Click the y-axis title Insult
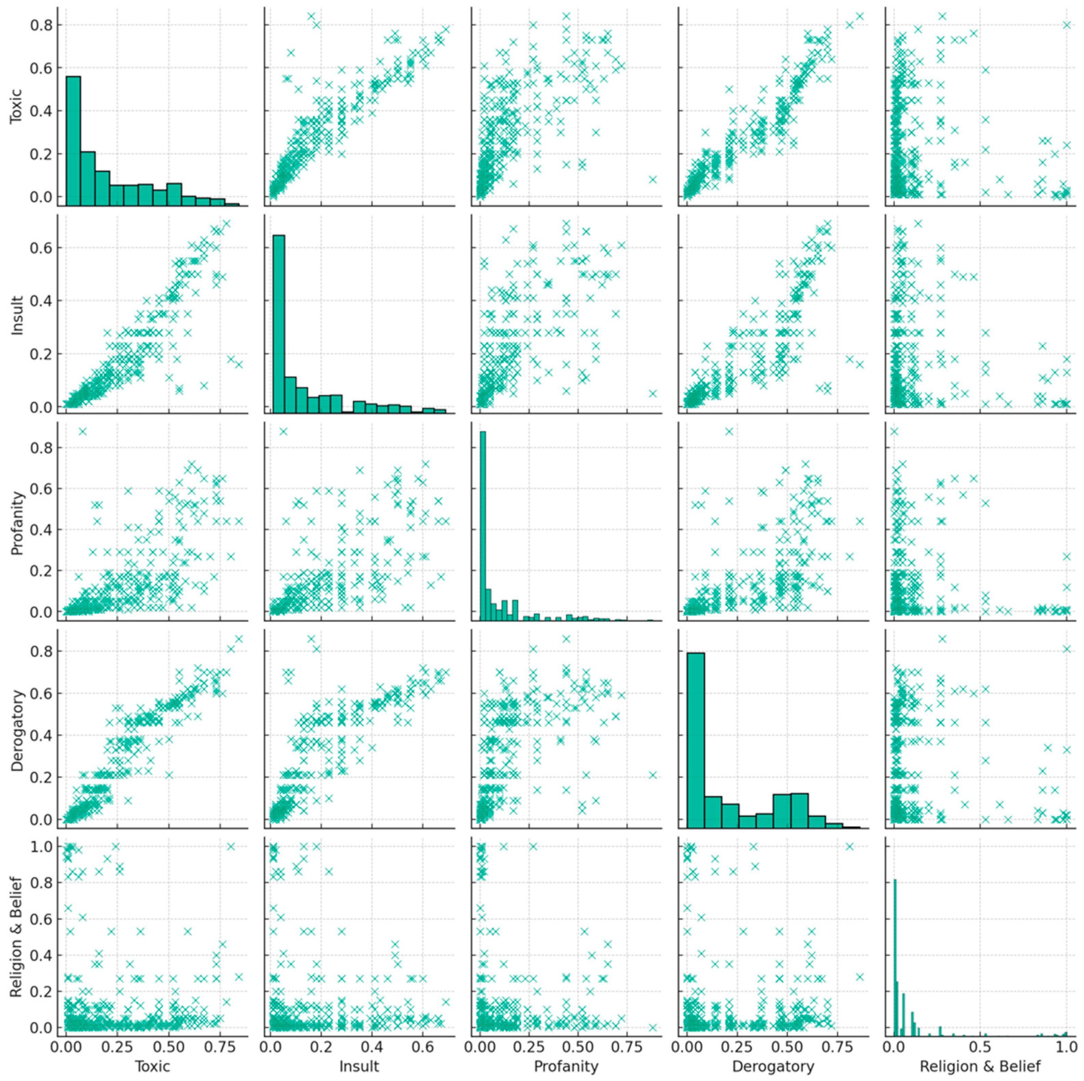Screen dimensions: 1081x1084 click(16, 315)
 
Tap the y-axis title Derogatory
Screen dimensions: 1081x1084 click(16, 730)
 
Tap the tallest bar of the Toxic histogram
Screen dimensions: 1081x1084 click(73, 140)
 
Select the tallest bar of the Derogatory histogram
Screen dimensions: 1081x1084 click(696, 740)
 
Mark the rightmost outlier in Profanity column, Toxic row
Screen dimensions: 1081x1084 click(653, 179)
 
